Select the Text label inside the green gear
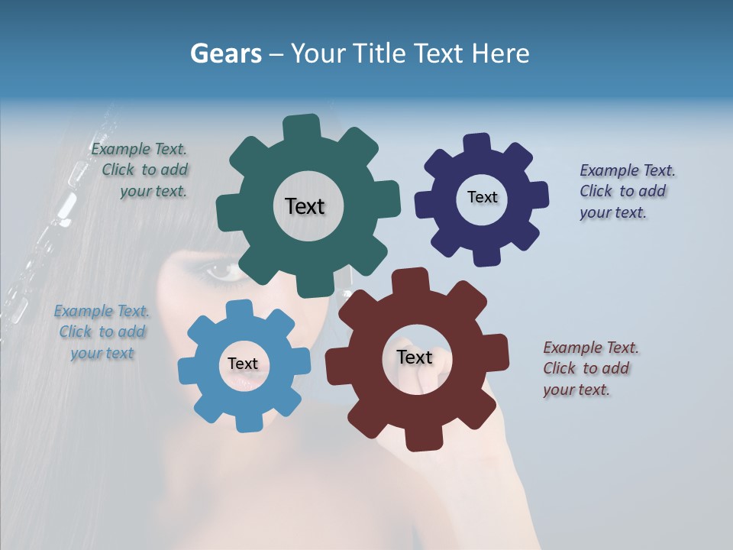click(305, 206)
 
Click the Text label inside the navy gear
click(482, 197)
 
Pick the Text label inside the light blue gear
click(243, 364)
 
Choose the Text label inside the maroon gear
click(415, 357)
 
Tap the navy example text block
click(626, 192)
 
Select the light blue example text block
click(102, 332)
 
